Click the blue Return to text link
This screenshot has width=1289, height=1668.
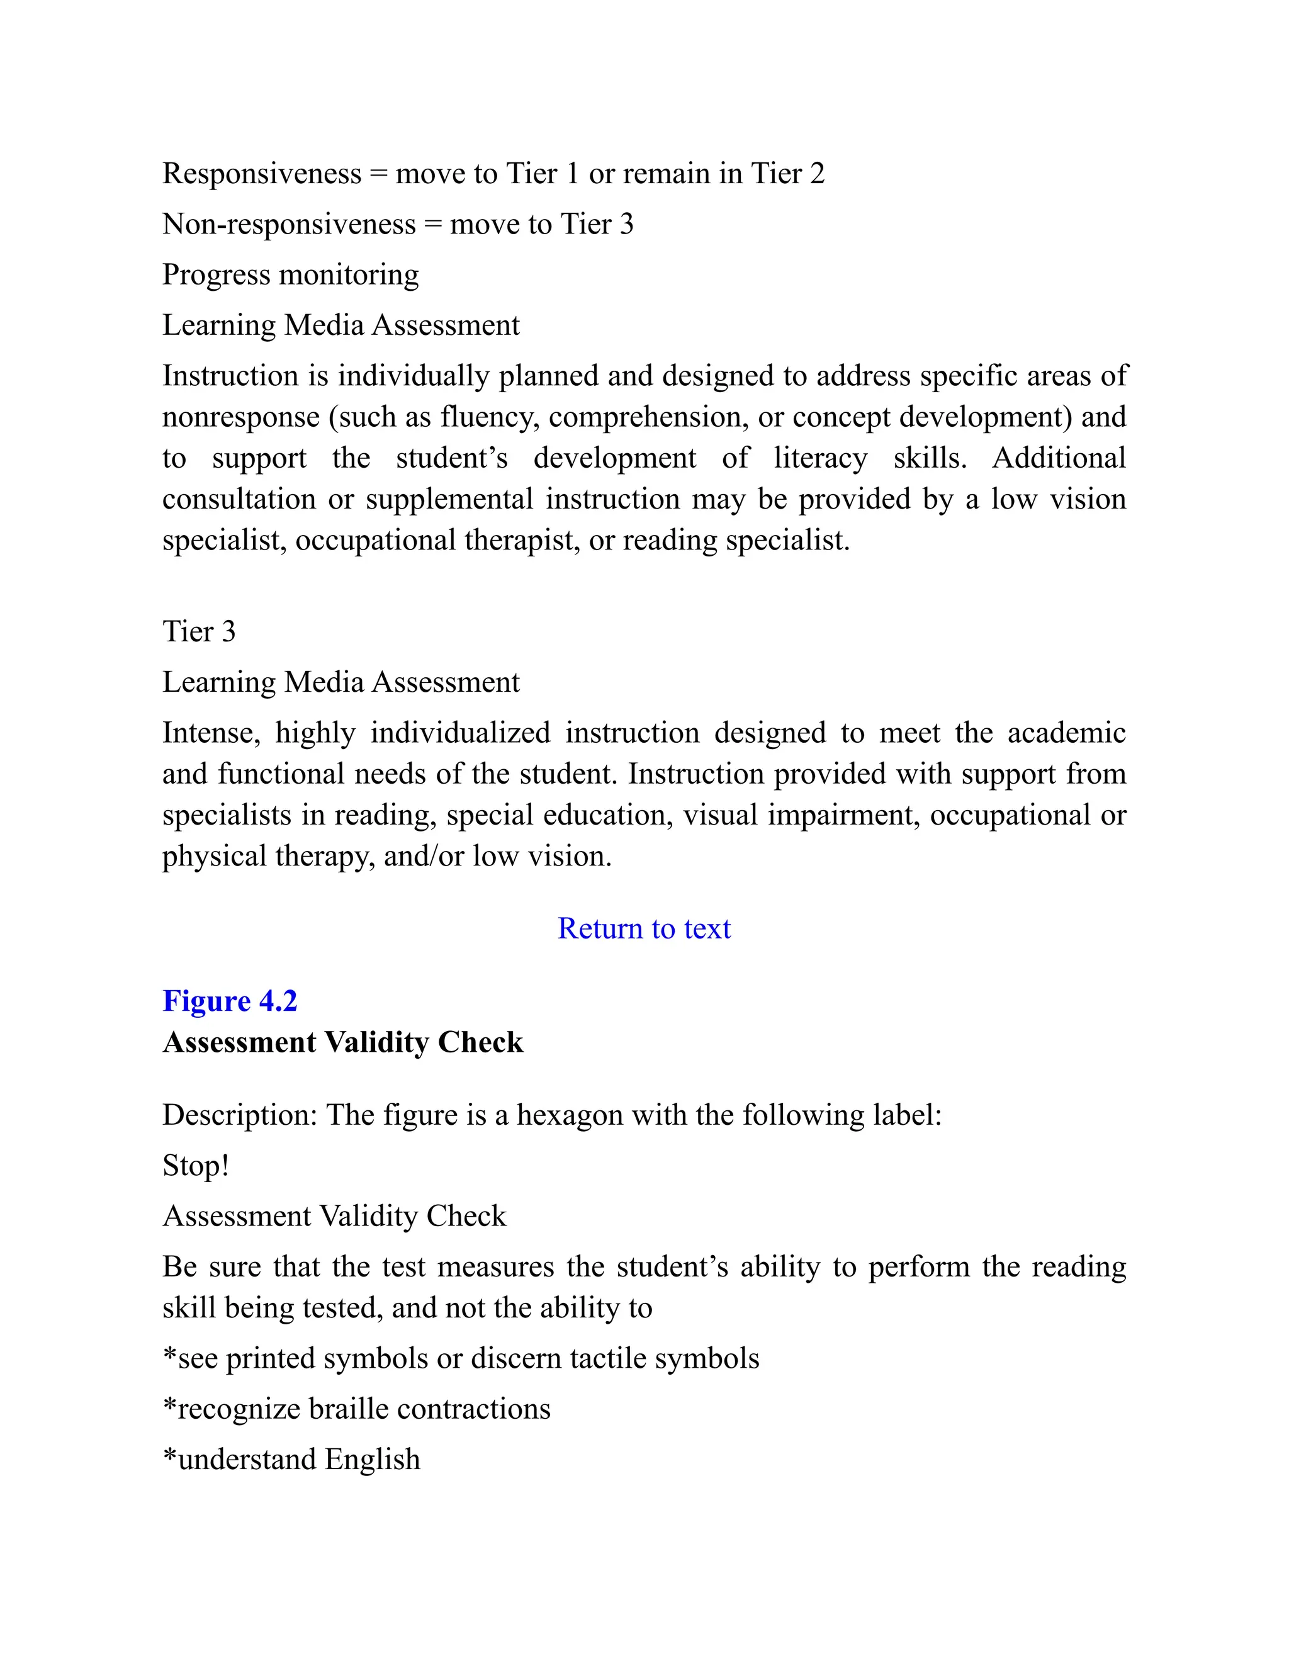coord(644,928)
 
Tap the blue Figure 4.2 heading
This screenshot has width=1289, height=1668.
coord(230,1001)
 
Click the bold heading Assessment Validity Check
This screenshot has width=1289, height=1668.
coord(343,1042)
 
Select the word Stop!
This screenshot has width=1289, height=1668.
coord(196,1166)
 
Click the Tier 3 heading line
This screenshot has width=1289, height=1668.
coord(198,631)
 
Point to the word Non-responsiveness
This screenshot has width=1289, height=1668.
coord(289,225)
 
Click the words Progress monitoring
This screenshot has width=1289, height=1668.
coord(290,275)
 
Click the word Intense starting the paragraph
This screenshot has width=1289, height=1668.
coord(211,733)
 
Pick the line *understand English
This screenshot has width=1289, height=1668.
coord(291,1459)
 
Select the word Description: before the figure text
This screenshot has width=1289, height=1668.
coord(240,1115)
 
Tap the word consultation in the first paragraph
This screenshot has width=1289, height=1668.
coord(239,500)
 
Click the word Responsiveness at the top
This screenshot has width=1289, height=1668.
coord(261,174)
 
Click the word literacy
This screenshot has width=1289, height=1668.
coord(820,458)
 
